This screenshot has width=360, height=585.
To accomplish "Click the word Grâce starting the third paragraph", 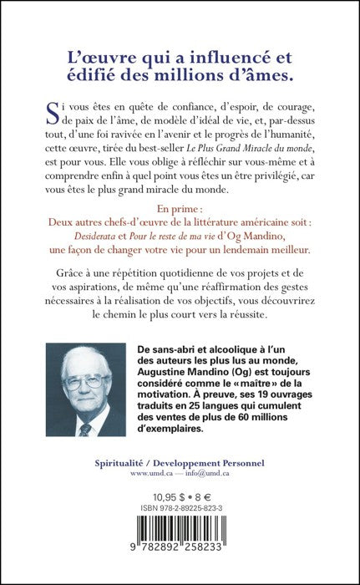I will click(x=64, y=294).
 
